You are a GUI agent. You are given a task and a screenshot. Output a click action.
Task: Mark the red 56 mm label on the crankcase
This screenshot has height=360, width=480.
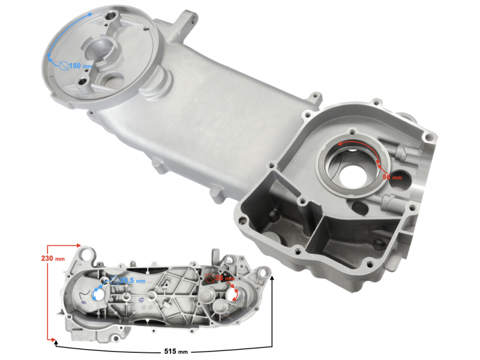(392, 178)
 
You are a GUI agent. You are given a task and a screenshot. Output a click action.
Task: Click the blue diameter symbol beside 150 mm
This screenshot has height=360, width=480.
(63, 65)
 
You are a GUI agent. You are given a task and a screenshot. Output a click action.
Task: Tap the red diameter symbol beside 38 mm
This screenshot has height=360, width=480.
(208, 278)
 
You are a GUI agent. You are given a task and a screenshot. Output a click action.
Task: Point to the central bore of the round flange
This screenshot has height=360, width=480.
(99, 48)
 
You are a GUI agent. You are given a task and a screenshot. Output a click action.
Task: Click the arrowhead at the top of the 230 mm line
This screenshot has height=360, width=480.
(78, 245)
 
